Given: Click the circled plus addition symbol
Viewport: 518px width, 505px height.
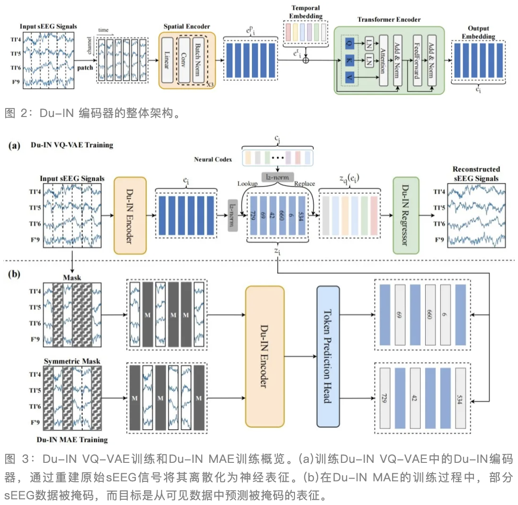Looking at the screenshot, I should click(x=306, y=60).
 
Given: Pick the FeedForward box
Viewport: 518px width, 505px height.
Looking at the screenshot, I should click(x=417, y=60).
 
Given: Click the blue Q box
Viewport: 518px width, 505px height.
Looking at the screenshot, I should click(x=349, y=43).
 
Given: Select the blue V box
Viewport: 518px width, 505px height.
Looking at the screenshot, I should click(x=349, y=76).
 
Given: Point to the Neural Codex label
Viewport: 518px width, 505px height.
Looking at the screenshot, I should click(x=213, y=159).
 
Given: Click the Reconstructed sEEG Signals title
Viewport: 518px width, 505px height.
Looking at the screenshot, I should click(x=476, y=173).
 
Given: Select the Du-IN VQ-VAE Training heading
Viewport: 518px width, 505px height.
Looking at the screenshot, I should click(x=72, y=145).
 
